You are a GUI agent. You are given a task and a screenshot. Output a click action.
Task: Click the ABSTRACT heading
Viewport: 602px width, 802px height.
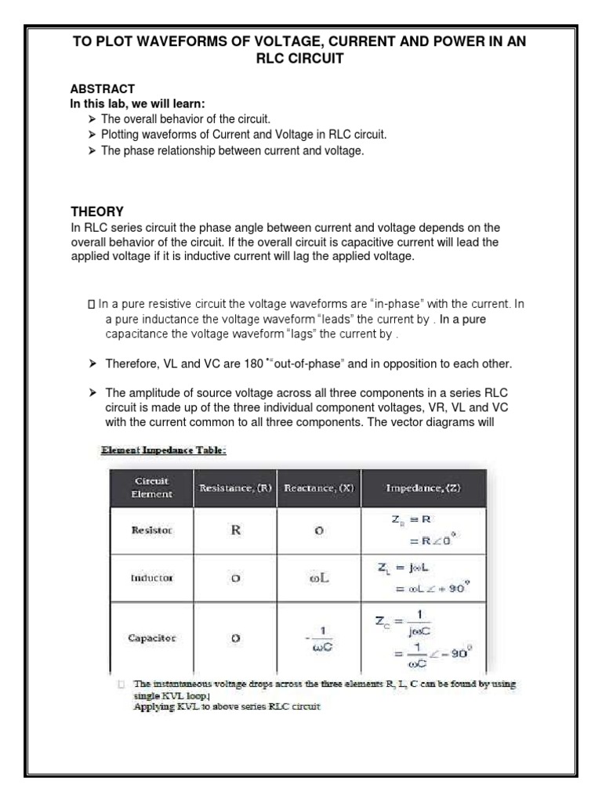[x=103, y=89]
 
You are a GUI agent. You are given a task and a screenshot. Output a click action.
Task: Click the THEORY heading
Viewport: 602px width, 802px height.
[x=97, y=211]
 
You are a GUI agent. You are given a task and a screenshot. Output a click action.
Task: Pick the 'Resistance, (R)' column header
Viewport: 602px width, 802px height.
[x=235, y=488]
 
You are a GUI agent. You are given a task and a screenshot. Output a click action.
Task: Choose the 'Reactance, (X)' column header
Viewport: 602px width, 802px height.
[x=319, y=488]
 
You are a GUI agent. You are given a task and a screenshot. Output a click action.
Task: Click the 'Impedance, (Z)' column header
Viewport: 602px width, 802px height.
[x=423, y=488]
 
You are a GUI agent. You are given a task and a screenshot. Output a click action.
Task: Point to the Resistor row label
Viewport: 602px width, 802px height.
[x=152, y=530]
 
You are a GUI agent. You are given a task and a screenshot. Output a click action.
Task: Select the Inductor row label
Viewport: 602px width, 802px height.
[x=152, y=577]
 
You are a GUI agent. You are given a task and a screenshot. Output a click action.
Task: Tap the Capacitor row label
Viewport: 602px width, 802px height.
[x=152, y=638]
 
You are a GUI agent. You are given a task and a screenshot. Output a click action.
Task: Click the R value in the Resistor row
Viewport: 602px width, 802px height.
[x=234, y=529]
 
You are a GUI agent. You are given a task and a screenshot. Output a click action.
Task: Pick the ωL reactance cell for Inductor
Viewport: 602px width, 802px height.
[x=319, y=577]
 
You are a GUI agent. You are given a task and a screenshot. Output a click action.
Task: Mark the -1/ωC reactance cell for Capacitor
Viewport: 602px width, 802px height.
[x=319, y=638]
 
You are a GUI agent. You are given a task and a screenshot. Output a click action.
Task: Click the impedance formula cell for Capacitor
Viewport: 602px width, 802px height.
[x=423, y=638]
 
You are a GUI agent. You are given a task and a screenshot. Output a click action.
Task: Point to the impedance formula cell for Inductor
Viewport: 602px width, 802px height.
[x=423, y=577]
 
